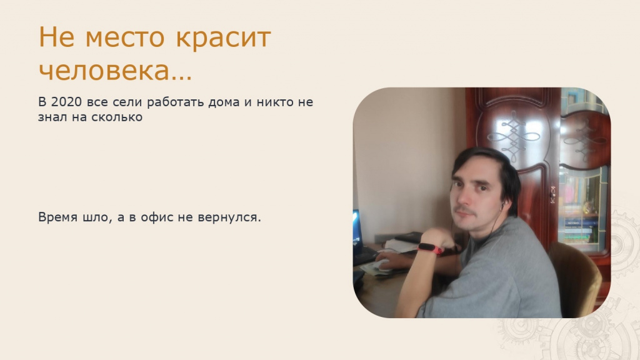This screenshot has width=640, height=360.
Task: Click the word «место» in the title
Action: [x=125, y=37]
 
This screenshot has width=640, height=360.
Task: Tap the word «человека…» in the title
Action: [x=115, y=71]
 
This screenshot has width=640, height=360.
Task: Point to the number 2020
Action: [x=66, y=102]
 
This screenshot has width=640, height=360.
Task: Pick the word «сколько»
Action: [x=117, y=117]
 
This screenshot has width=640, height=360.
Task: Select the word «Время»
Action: [x=57, y=217]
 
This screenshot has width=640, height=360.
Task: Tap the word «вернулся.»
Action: [x=229, y=217]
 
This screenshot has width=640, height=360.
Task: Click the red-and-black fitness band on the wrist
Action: [x=431, y=248]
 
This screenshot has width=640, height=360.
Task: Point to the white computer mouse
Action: [x=383, y=264]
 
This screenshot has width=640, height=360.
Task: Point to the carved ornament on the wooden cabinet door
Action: [x=514, y=135]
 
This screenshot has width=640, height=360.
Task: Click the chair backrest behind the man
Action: [x=576, y=278]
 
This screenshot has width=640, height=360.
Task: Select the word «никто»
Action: [x=275, y=102]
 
